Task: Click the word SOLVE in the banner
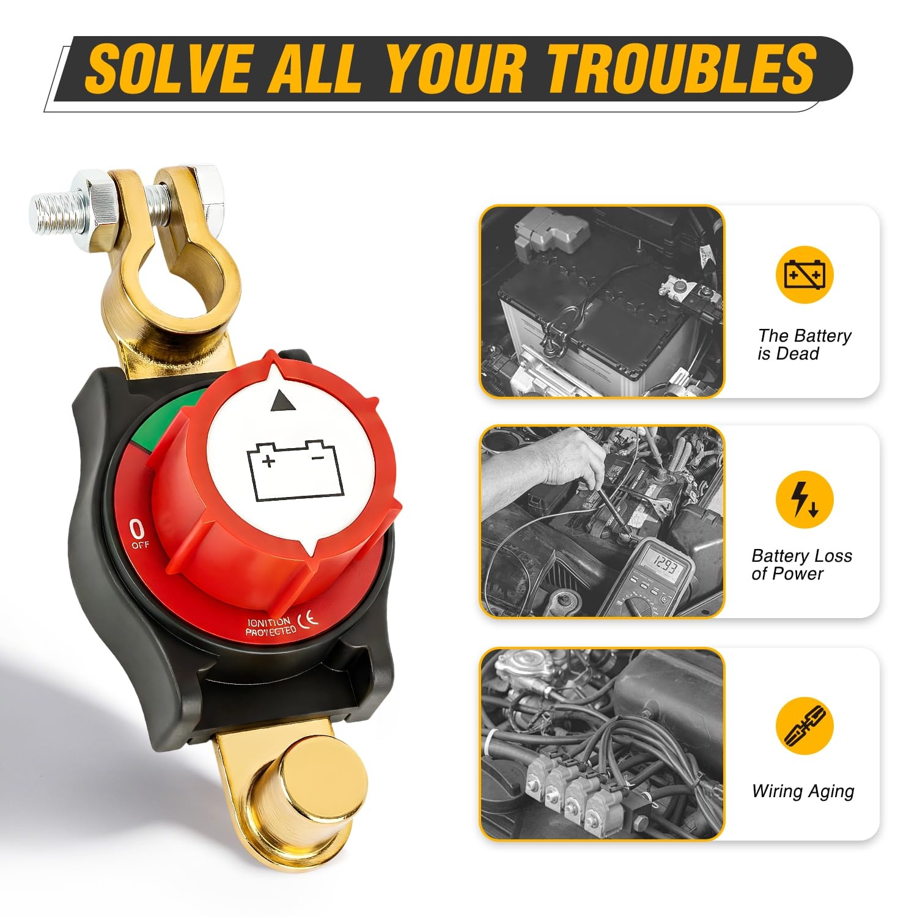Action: (x=169, y=68)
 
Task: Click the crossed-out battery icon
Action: (x=805, y=274)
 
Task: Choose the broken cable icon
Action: (x=805, y=725)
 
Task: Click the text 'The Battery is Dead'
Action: (x=804, y=344)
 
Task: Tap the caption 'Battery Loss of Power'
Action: (x=801, y=564)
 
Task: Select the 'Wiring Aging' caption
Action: (x=803, y=792)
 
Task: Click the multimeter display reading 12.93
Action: (x=663, y=567)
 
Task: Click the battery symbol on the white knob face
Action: (x=295, y=471)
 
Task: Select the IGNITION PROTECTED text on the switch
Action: (x=270, y=627)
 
